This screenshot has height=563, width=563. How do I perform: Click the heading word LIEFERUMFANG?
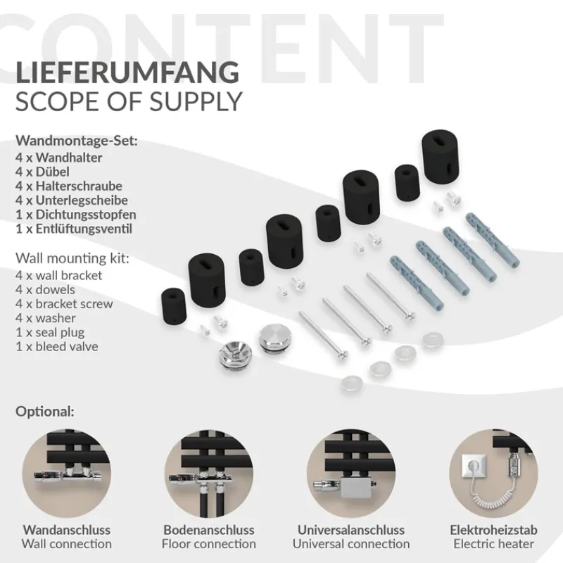(127, 72)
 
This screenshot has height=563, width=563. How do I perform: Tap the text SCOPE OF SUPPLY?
(129, 101)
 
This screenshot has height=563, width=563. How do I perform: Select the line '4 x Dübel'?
(42, 172)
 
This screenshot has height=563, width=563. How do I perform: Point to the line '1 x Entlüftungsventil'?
(74, 229)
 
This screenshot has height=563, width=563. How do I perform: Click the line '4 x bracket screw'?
(64, 304)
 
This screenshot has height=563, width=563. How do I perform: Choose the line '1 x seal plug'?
(50, 332)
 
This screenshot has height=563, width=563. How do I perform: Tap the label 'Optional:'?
(45, 412)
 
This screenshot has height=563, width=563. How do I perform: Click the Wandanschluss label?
(67, 530)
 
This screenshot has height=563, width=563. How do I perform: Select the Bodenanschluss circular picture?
(209, 474)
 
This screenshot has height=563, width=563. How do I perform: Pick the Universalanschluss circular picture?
(351, 474)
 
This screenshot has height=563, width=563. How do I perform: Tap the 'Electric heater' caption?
(494, 544)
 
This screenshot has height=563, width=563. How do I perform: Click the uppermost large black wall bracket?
(441, 156)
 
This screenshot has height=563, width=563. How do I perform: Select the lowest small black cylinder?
(173, 306)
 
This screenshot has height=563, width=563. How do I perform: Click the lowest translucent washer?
(352, 383)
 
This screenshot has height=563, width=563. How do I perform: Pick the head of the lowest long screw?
(341, 355)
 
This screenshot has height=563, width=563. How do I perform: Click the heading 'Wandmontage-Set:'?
(77, 141)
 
